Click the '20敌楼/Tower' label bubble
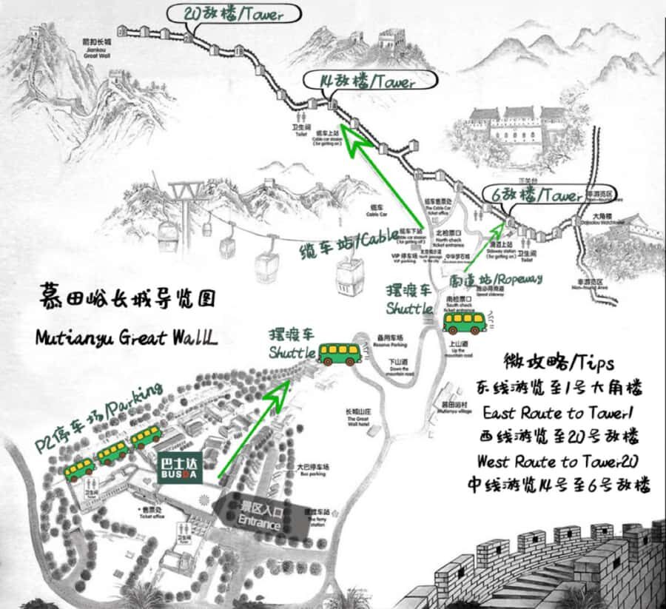coord(235,14)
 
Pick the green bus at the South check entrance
coord(464,323)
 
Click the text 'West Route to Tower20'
coord(559,462)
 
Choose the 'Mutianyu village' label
coord(446,408)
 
